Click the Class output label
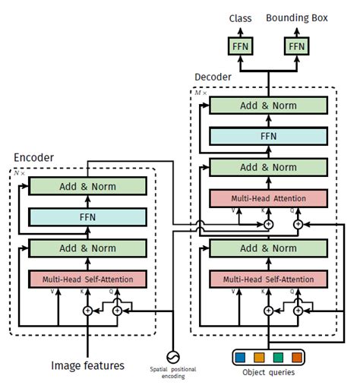(242, 18)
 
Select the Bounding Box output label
(296, 18)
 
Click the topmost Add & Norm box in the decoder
(268, 106)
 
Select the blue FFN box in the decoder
(268, 136)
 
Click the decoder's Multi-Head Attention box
(268, 198)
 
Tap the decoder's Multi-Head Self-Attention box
(268, 279)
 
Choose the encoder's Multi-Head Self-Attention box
(87, 279)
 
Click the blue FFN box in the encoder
(87, 218)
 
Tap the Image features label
(87, 366)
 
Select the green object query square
(279, 355)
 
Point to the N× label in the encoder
(19, 173)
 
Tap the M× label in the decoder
(200, 93)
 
